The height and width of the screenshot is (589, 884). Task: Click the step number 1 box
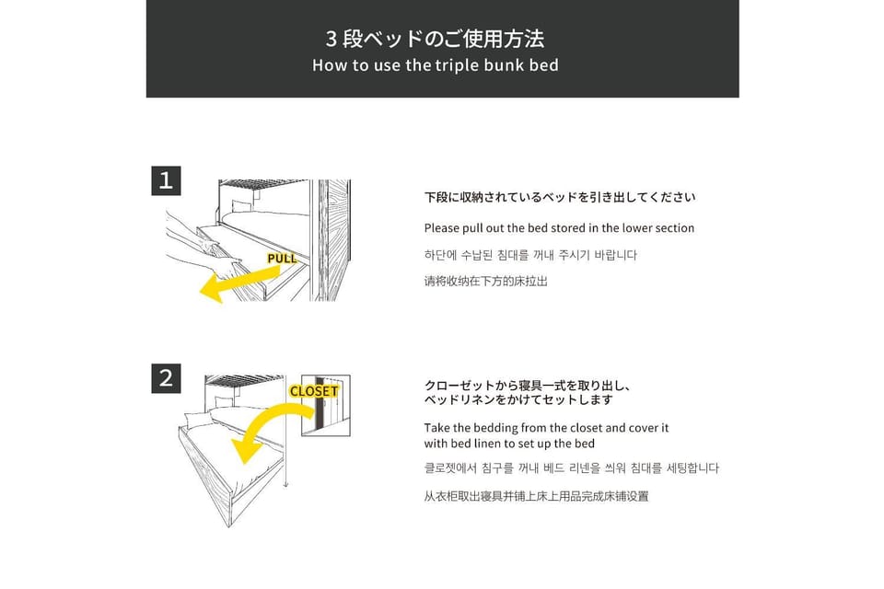click(166, 180)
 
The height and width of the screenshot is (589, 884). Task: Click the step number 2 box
click(166, 378)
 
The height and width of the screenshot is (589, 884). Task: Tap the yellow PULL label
click(282, 259)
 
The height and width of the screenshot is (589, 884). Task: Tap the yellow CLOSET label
click(314, 391)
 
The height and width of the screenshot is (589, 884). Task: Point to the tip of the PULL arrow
click(200, 292)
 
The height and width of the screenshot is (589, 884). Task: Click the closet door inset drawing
click(325, 405)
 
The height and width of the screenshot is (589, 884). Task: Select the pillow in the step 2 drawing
click(198, 420)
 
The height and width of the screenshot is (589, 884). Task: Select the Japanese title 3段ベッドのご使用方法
click(435, 39)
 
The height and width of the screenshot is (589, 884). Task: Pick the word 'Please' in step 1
click(441, 228)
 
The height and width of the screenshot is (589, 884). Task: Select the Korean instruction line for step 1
click(530, 255)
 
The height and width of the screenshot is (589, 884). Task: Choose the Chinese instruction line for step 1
click(486, 281)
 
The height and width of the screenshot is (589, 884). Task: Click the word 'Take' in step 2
click(436, 428)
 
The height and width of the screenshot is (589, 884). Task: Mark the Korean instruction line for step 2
click(572, 468)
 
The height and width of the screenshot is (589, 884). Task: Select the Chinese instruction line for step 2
click(536, 496)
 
